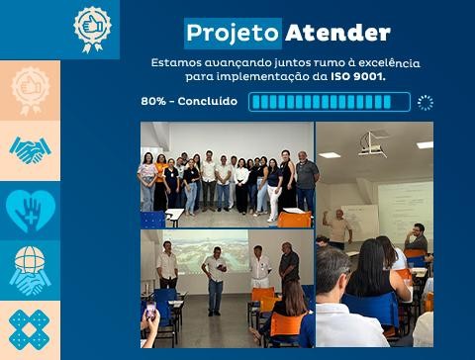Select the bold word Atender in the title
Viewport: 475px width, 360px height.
(337, 33)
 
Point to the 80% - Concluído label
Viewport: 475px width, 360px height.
(189, 101)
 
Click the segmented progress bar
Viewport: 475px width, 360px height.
(329, 102)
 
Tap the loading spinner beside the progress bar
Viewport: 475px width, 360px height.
(426, 102)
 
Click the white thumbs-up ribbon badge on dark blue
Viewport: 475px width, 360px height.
(92, 28)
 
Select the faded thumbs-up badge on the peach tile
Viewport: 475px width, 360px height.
(30, 90)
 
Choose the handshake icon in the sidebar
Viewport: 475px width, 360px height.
(30, 150)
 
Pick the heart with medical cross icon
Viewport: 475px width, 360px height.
(30, 210)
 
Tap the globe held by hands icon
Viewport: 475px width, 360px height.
(30, 270)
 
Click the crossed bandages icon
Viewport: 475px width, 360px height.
(30, 329)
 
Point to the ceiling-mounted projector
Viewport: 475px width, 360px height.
(373, 146)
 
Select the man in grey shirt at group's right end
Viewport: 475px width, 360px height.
(306, 184)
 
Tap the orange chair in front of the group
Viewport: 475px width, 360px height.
(294, 219)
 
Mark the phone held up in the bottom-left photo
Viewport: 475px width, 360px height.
(150, 311)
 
